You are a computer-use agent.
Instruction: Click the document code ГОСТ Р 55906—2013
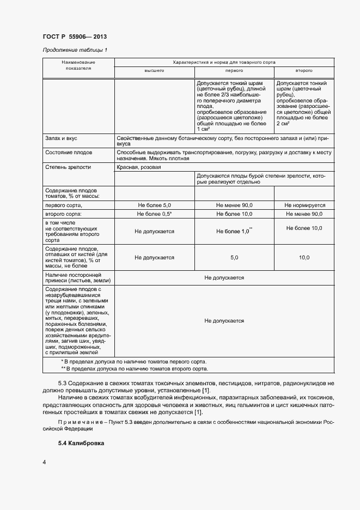(75, 37)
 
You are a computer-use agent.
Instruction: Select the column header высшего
(154, 71)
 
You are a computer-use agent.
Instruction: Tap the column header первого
(234, 71)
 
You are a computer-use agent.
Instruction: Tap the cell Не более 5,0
(154, 205)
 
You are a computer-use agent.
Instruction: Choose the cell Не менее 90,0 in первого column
(234, 205)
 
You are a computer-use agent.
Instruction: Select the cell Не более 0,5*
(154, 215)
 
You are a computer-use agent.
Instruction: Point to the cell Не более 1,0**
(234, 231)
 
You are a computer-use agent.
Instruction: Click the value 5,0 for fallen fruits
(234, 257)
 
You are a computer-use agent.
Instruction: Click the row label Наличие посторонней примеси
(74, 277)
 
